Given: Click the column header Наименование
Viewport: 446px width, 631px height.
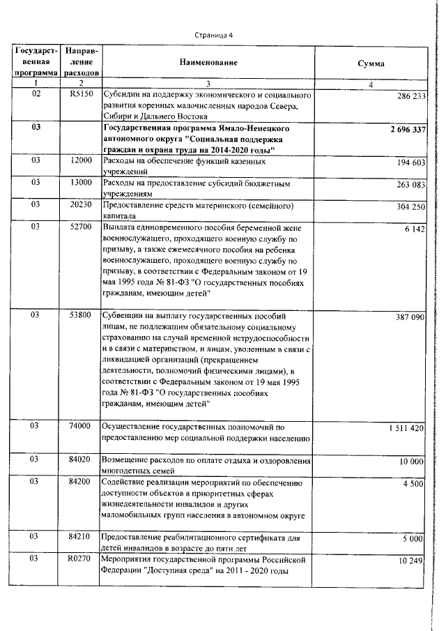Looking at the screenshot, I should pos(208,63).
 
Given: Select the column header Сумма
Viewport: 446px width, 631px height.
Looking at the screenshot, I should pos(371,63).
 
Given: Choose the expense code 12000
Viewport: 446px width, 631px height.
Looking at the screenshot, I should pos(82,161).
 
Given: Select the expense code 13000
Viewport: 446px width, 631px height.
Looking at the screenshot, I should pos(82,183).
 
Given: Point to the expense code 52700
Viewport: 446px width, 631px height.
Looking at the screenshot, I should pos(82,227).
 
